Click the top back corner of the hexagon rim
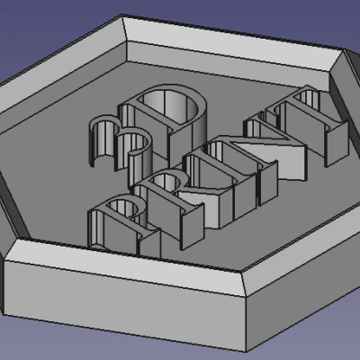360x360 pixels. click(122, 18)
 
